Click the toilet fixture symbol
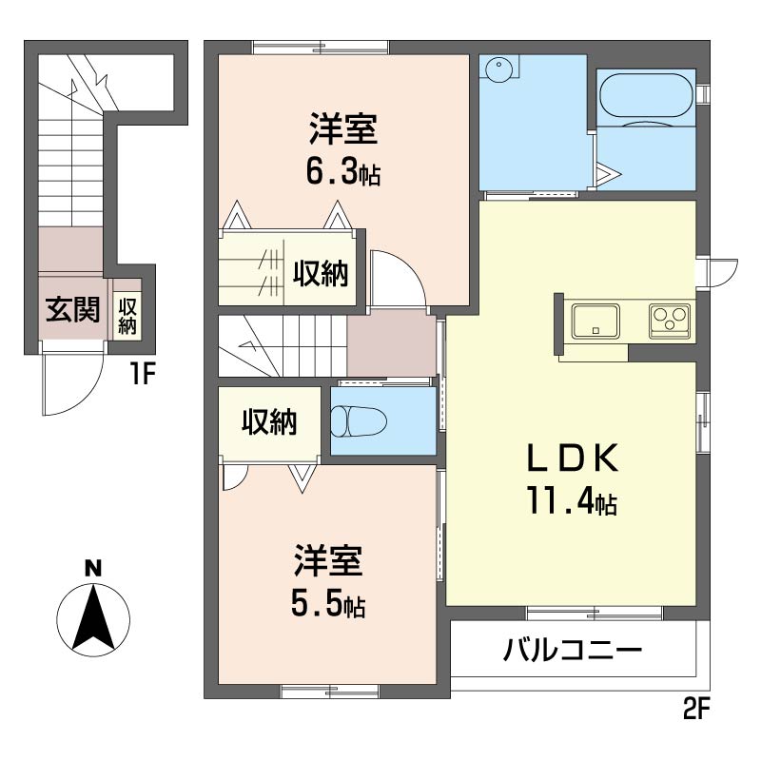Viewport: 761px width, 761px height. pos(359,421)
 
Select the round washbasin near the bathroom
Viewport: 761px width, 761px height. pos(498,70)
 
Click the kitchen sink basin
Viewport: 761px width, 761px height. pos(595,321)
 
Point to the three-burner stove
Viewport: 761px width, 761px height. pos(670,321)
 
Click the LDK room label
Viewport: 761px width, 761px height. pos(573,458)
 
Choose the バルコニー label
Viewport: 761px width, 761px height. pos(573,650)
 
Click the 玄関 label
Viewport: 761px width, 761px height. pos(73,309)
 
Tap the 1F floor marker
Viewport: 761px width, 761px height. pos(142,374)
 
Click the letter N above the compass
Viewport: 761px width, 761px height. pos(93,568)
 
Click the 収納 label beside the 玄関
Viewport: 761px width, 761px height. pos(127,317)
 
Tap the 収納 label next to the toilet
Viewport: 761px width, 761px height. pos(269,421)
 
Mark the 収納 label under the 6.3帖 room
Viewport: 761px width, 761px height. pos(321,273)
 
